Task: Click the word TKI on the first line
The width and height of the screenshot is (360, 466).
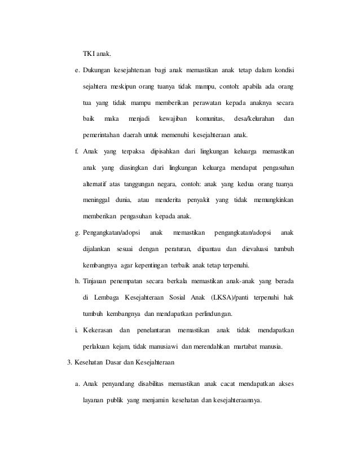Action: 88,54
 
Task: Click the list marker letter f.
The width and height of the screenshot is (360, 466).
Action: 77,152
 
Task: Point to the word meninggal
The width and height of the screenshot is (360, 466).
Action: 98,200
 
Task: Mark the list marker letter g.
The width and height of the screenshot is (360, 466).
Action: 77,233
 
